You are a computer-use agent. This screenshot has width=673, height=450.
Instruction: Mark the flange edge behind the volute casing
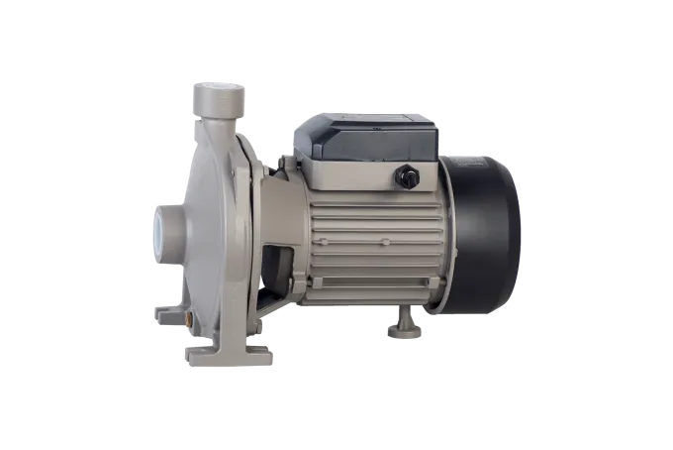click(253, 228)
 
